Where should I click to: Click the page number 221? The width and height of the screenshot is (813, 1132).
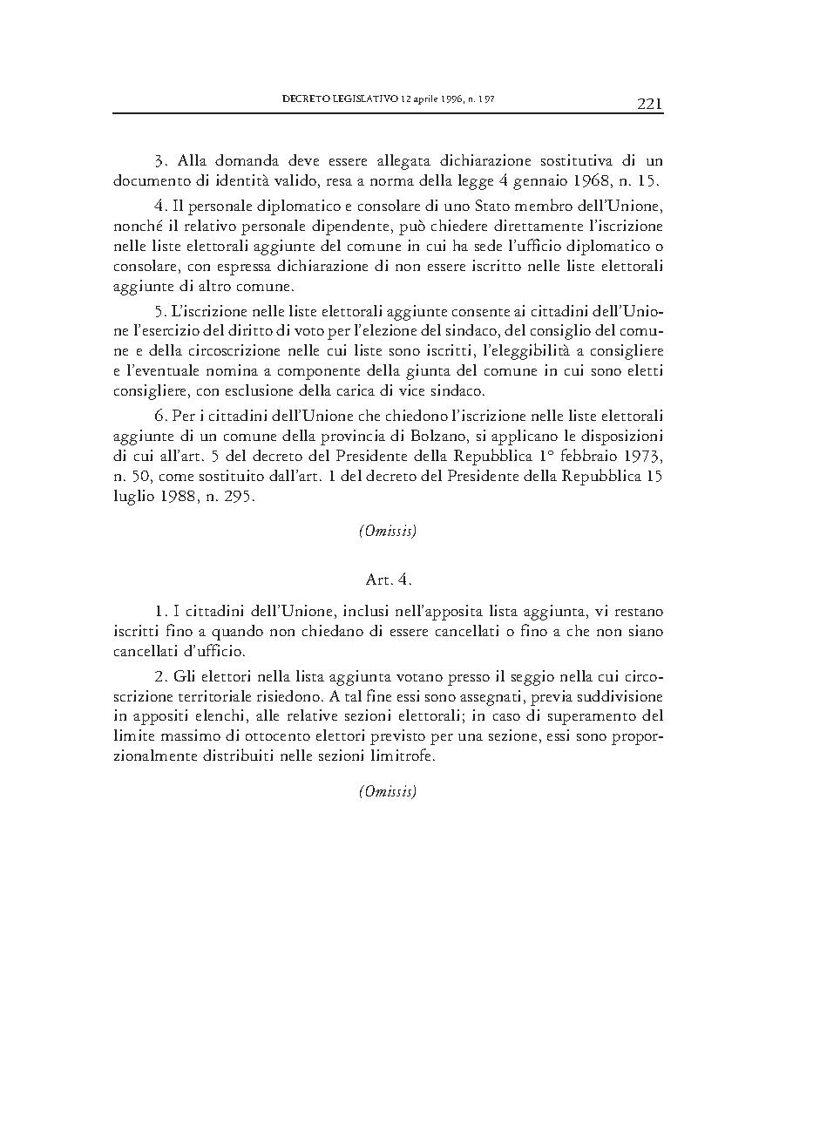tap(649, 105)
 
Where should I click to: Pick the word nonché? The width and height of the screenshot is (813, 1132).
tap(134, 226)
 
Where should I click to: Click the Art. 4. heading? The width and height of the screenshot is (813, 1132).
tap(388, 578)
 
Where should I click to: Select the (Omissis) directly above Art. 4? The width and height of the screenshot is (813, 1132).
tap(388, 531)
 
